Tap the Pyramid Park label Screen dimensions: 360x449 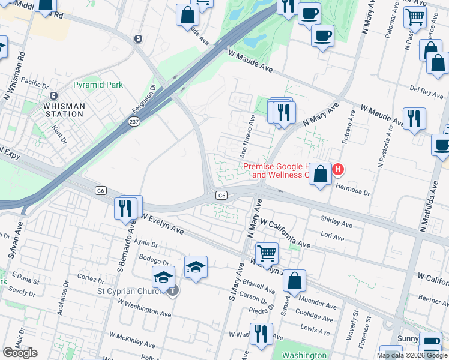98,85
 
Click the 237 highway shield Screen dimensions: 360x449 133,121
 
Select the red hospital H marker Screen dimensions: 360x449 338,170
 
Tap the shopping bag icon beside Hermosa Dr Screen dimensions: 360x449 321,175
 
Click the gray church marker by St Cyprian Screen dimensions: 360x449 173,292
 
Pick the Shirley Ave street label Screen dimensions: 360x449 337,225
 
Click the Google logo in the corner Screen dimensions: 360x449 20,353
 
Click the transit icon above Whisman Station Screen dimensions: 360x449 53,96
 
